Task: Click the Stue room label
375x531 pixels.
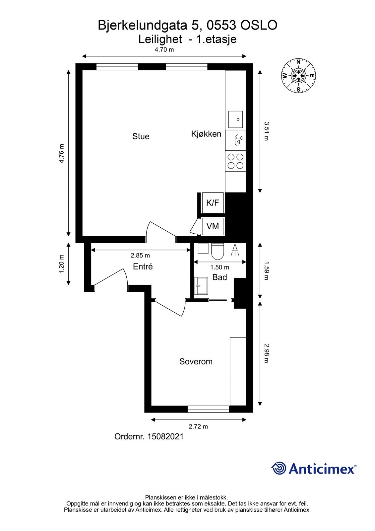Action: point(141,136)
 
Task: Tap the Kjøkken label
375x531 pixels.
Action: point(206,134)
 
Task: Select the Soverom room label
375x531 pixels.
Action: point(196,361)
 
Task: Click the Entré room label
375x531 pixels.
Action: point(143,266)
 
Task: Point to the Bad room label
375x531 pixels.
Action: point(219,277)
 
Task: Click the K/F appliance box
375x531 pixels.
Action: point(213,203)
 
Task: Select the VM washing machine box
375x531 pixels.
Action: point(213,226)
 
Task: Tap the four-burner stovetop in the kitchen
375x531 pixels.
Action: point(235,161)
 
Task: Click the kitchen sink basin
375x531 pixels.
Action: point(235,119)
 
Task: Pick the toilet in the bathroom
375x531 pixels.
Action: point(217,252)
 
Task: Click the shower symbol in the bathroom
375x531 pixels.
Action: point(235,250)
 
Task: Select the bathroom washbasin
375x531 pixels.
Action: point(201,286)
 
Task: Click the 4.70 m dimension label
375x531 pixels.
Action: point(164,49)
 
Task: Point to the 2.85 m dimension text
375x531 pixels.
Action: point(140,256)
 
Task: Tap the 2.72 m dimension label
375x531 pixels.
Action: point(198,426)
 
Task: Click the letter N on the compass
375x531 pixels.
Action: point(298,62)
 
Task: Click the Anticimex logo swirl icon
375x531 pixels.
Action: point(279,468)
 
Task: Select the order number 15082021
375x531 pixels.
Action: point(165,436)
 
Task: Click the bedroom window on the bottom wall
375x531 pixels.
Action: point(209,409)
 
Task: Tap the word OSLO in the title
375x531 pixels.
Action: point(259,25)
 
